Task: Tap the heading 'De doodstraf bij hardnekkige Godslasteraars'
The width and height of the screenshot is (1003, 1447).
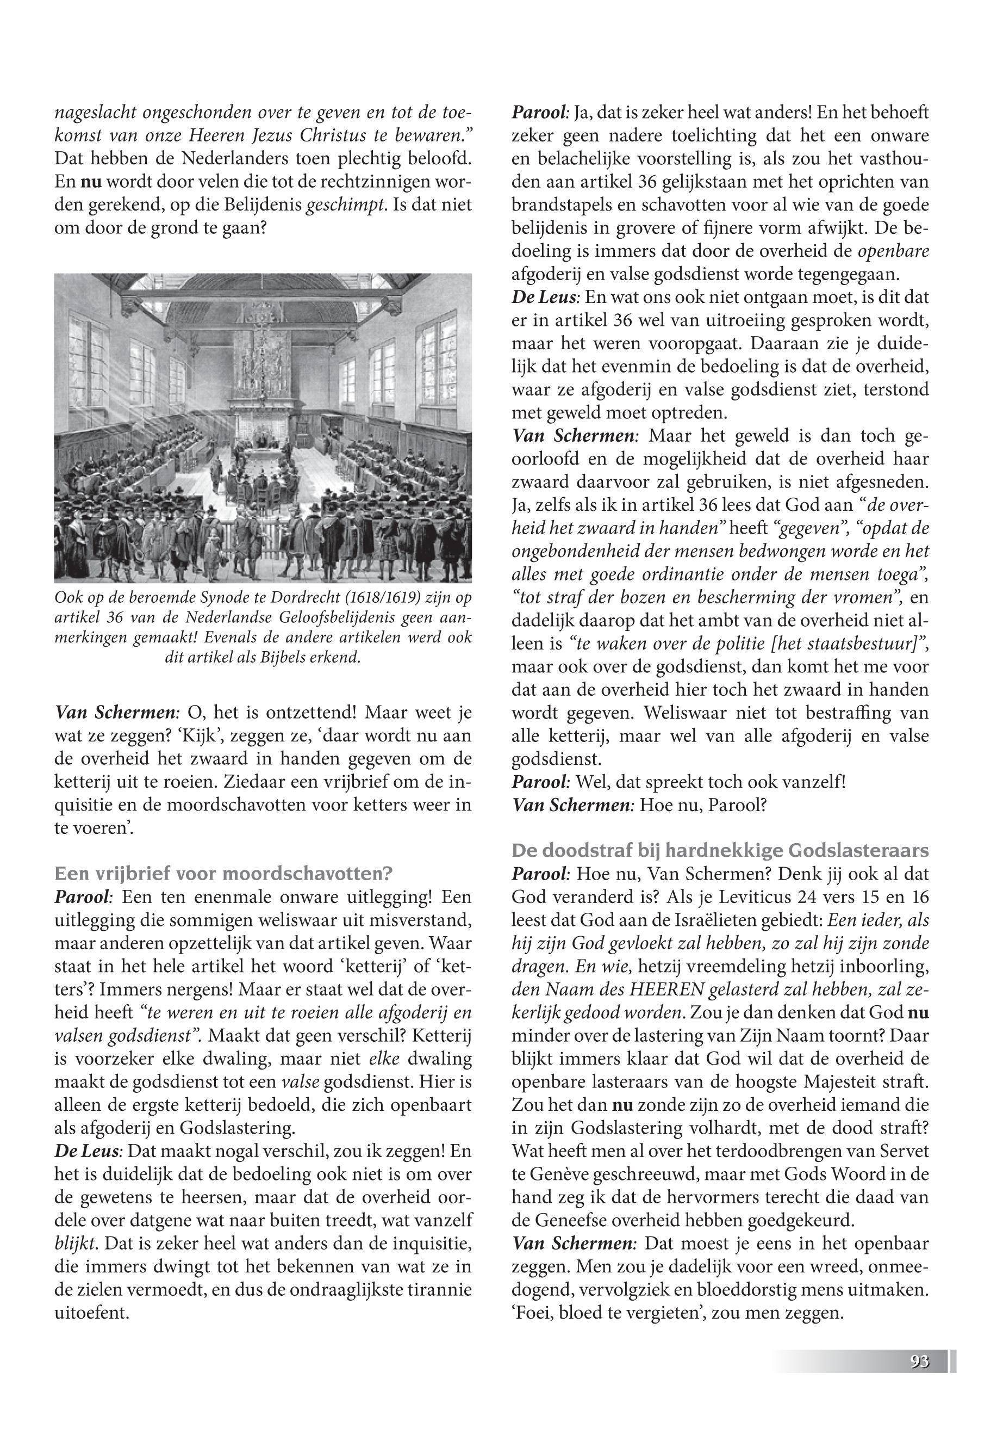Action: click(x=720, y=850)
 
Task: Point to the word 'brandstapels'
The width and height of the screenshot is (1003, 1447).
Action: click(x=553, y=206)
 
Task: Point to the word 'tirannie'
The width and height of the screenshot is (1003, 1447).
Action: click(x=435, y=1290)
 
